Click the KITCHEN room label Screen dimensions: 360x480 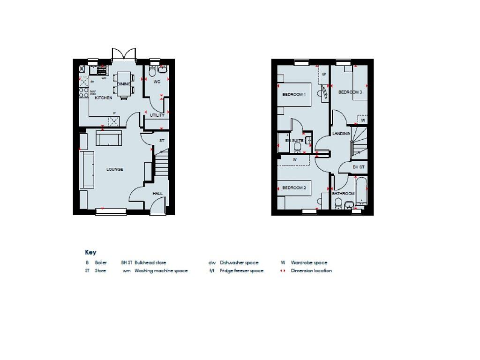coord(104,98)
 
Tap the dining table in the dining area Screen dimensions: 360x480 coord(123,85)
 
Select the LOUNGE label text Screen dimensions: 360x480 coord(114,169)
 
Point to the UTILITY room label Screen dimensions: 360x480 coord(157,115)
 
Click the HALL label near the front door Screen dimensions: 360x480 coord(157,194)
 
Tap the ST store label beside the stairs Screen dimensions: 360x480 coord(162,141)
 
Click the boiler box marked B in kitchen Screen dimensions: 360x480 coord(82,69)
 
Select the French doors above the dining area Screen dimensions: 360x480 coord(123,54)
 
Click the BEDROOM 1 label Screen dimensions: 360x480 coord(294,94)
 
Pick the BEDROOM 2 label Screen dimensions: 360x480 coord(294,188)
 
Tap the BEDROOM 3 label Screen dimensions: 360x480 coord(350,92)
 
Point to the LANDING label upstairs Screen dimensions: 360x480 coord(341,134)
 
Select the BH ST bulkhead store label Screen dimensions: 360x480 coord(359,167)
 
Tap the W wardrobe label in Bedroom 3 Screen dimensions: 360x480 coord(363,120)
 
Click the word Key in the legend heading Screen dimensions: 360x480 coord(90,252)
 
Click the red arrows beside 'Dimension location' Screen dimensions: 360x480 coord(283,271)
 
